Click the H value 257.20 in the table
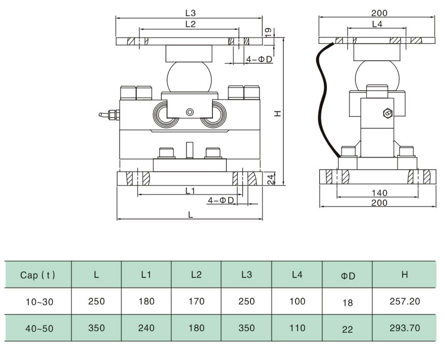pos(404,302)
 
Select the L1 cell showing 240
pos(146,328)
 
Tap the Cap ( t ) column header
pos(38,275)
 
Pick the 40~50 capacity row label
pos(39,328)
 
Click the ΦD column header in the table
pos(347,276)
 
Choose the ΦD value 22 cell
pos(347,329)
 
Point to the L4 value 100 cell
pos(297,302)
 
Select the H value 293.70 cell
pos(404,328)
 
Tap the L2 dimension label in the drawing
pos(190,24)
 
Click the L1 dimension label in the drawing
pos(190,190)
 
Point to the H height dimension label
pos(277,114)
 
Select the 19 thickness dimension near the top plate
pos(268,32)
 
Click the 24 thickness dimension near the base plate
pos(271,179)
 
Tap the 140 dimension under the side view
pos(379,193)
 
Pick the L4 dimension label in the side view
pos(377,24)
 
